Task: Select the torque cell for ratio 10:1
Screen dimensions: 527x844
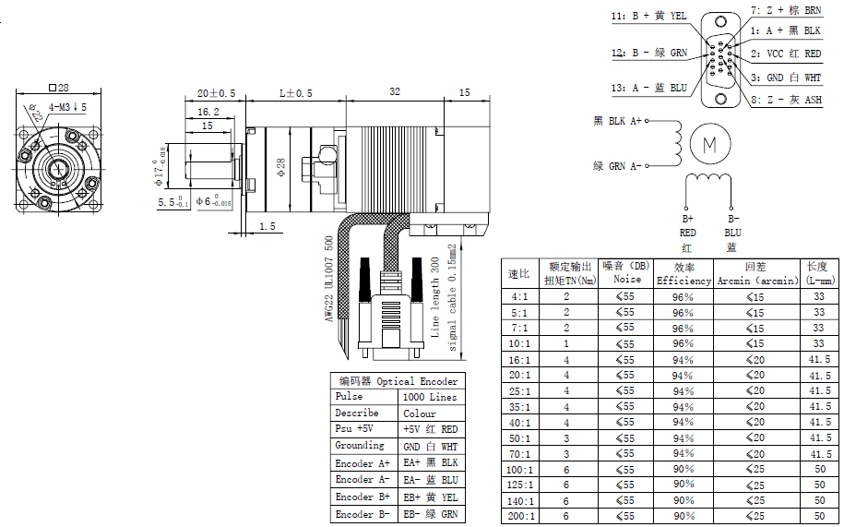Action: coord(566,343)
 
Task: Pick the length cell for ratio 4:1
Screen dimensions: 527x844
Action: coord(818,296)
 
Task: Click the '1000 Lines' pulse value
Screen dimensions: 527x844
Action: coord(429,397)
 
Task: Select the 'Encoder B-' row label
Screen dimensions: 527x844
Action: coord(363,514)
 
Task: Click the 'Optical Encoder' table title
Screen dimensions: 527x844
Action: coord(397,381)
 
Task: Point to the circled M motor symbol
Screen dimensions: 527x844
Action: coord(709,144)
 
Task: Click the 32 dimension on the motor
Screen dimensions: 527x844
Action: coord(395,92)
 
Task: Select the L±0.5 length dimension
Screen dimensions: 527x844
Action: coord(296,93)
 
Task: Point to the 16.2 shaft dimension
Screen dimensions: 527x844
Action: coord(208,111)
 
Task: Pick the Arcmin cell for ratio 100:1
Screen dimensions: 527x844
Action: coord(755,469)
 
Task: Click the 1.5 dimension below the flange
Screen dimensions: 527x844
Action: coord(267,226)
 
